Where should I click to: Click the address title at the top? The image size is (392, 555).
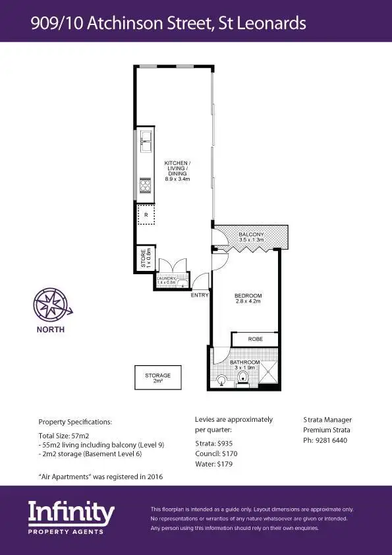[x=168, y=24]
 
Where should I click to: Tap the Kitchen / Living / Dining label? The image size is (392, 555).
[x=177, y=171]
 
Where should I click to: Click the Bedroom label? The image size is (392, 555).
[x=248, y=298]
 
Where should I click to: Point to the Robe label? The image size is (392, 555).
[x=255, y=339]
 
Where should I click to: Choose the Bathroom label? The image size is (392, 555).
[x=244, y=365]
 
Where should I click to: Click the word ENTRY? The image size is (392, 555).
[x=199, y=295]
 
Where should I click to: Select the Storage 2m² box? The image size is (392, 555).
[x=157, y=378]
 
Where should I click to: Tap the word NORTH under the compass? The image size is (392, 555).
[x=50, y=330]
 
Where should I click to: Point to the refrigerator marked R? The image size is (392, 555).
[x=146, y=215]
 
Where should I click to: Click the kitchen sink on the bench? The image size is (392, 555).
[x=145, y=140]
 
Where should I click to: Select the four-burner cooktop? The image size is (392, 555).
[x=145, y=186]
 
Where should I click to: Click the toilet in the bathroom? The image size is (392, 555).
[x=243, y=378]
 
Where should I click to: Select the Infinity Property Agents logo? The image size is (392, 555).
[x=71, y=517]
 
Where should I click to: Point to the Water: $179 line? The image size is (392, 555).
[x=215, y=464]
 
